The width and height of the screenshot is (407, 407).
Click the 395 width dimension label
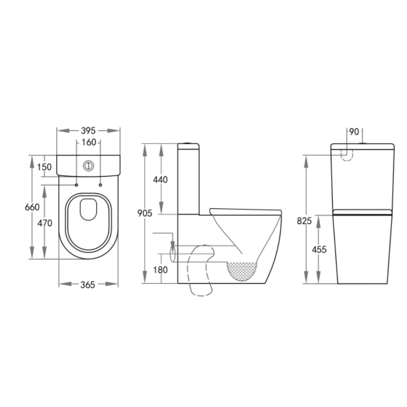pyautogui.click(x=88, y=131)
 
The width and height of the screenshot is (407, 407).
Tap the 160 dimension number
pyautogui.click(x=89, y=142)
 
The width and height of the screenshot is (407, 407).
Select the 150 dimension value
pyautogui.click(x=44, y=167)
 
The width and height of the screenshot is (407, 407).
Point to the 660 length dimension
pyautogui.click(x=32, y=207)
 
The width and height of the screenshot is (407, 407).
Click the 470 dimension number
pyautogui.click(x=45, y=223)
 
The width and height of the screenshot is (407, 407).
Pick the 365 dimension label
pyautogui.click(x=88, y=285)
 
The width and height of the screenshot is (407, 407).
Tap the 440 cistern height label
pyautogui.click(x=160, y=179)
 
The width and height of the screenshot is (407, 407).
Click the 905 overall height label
pyautogui.click(x=144, y=213)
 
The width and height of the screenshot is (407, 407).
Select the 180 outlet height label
pyautogui.click(x=160, y=270)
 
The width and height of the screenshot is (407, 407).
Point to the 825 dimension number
pyautogui.click(x=304, y=221)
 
